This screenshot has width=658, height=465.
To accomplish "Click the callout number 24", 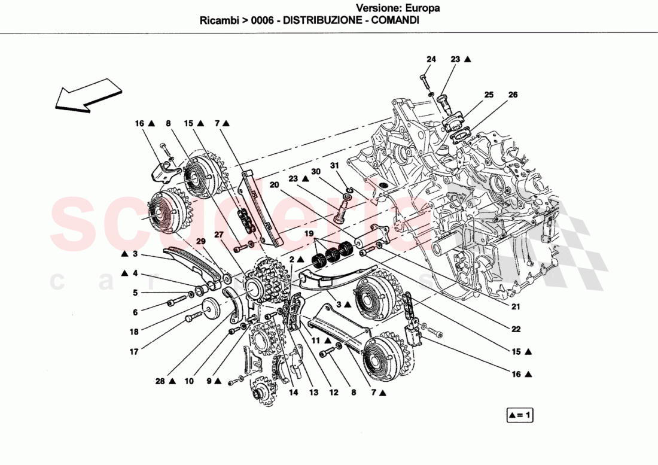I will pos(431,59).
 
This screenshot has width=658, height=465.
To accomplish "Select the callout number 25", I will pos(489,95).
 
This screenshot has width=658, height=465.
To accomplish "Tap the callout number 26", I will pos(513,95).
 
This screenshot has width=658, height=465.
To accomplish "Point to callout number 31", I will pos(335,166).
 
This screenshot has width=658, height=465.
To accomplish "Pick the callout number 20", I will pos(275,185).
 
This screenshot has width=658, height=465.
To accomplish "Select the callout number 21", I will pos(515,307).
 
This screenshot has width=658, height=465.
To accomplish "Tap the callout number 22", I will pos(515,329).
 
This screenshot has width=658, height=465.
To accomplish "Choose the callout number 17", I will pos(135,352).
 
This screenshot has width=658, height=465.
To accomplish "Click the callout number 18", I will pos(135,332).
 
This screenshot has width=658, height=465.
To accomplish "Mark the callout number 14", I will pos(293,393).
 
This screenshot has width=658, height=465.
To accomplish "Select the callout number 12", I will pos(333,393).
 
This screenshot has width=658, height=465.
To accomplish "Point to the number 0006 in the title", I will pos(263,20).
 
